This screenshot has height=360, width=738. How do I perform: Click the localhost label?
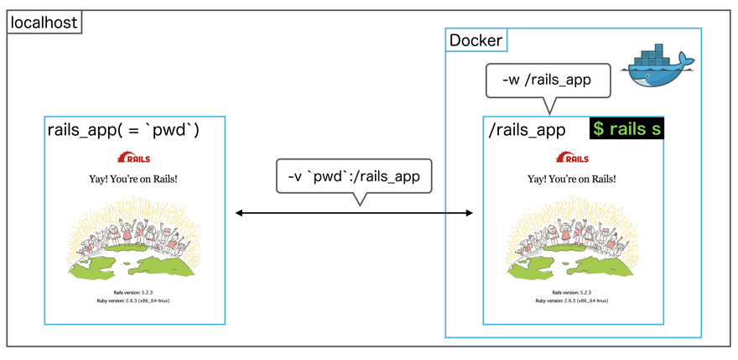[44, 22]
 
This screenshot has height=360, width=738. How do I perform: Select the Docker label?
[476, 39]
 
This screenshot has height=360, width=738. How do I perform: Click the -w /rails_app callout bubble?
[548, 80]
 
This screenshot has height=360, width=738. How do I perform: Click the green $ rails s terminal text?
[626, 129]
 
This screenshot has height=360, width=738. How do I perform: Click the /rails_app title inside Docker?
[527, 130]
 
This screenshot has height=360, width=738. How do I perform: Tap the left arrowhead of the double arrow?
[240, 213]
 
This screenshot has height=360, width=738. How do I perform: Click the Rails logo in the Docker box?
[573, 157]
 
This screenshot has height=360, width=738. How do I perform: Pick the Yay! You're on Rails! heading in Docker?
[573, 179]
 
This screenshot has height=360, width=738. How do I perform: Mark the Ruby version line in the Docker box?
[573, 300]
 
